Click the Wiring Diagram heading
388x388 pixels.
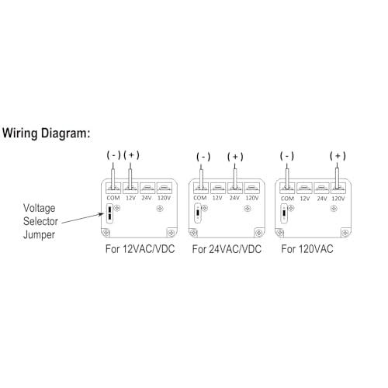47,133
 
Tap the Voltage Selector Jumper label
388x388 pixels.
40,221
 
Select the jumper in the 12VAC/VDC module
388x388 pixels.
110,213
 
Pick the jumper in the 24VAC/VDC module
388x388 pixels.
198,213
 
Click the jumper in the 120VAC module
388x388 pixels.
284,213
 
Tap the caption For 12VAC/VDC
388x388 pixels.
140,249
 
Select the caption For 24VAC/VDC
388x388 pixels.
227,249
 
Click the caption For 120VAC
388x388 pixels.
307,249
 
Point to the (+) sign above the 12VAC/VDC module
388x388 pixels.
132,155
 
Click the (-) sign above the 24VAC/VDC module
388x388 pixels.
203,157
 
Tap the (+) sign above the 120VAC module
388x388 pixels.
338,156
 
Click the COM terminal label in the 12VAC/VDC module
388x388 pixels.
113,198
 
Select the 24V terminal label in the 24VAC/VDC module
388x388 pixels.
234,198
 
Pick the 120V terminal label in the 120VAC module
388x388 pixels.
338,199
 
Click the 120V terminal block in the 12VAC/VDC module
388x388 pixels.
165,188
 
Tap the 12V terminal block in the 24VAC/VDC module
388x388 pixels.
218,188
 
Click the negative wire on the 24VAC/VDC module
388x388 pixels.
201,176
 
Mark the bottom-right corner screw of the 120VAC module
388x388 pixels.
345,234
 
